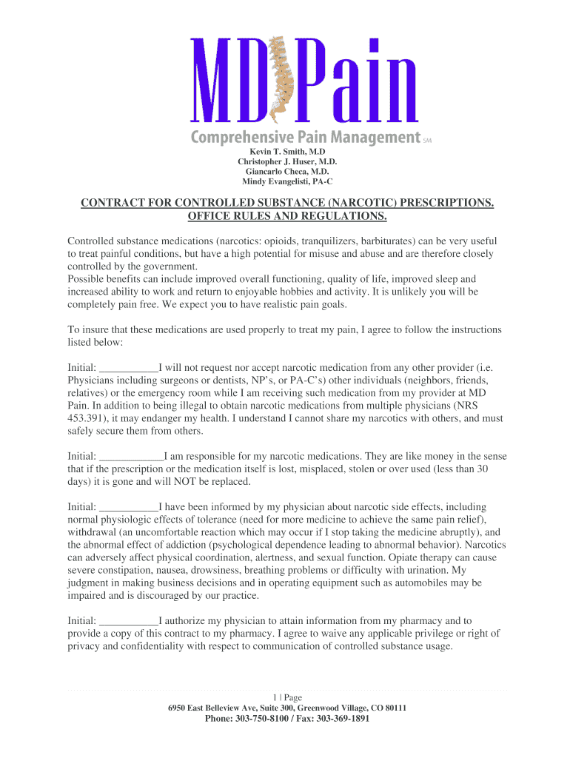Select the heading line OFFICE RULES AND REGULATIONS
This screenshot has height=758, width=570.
coord(287,216)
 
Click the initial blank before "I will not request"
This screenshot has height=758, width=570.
coord(128,368)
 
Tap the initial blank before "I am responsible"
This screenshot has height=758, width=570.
coord(130,457)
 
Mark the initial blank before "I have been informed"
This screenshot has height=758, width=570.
coord(128,507)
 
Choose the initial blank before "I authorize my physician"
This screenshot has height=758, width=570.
coord(128,621)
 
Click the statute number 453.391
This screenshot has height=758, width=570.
coord(87,418)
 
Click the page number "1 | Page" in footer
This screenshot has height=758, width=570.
coord(287,697)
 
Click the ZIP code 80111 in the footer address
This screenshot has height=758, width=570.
coord(393,708)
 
